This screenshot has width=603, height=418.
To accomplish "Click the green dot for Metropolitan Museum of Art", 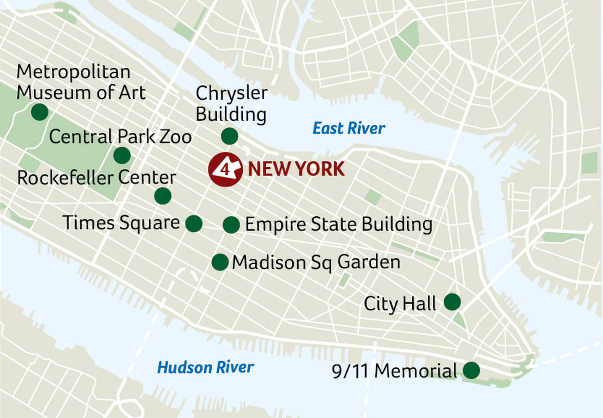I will click(x=40, y=112).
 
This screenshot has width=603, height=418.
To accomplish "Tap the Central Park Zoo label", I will click(x=120, y=137).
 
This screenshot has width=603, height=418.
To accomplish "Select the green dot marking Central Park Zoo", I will click(x=122, y=155).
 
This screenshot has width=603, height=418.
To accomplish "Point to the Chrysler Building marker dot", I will click(x=230, y=136).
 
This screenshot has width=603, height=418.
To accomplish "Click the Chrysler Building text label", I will click(x=231, y=103).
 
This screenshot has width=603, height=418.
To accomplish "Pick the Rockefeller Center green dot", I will click(x=163, y=196).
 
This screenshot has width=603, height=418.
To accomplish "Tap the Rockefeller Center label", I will click(x=96, y=178).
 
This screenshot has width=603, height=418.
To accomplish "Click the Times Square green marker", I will click(x=194, y=224).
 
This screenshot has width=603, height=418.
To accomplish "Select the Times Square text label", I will click(x=121, y=223).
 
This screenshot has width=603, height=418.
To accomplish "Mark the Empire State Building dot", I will click(x=231, y=225).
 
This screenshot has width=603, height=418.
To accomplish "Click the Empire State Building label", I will click(x=339, y=224).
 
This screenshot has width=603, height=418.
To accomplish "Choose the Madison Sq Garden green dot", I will click(x=220, y=262).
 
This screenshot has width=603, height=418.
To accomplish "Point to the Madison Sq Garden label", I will click(x=316, y=262).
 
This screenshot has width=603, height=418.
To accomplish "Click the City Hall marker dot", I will click(x=452, y=302).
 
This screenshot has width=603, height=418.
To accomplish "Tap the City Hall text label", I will click(x=400, y=304).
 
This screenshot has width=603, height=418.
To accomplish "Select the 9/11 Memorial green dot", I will click(x=471, y=370).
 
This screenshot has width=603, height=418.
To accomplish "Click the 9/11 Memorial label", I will click(x=394, y=371).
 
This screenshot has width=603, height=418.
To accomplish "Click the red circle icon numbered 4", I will click(x=225, y=170).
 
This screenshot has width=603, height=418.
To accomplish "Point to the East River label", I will click(x=349, y=128).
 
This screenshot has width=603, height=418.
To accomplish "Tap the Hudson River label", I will click(x=206, y=367).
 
